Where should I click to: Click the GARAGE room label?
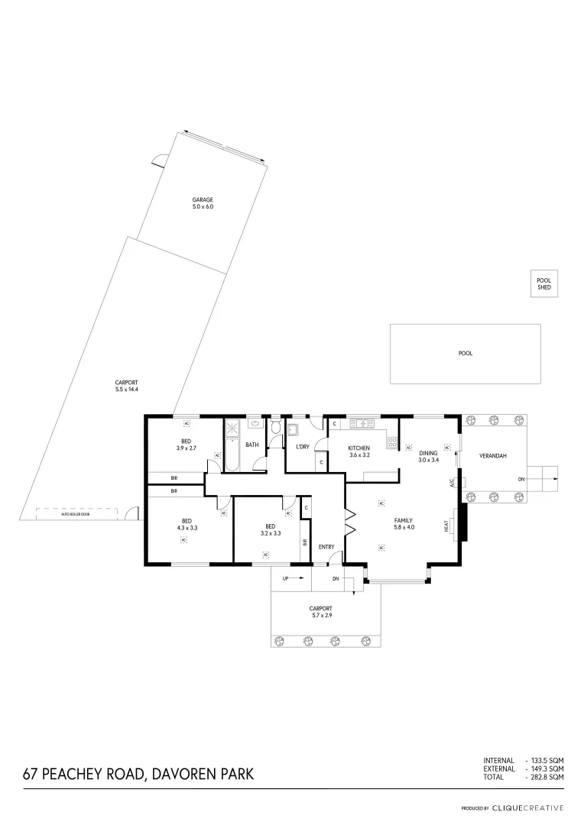point(203,199)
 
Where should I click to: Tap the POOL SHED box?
point(543,283)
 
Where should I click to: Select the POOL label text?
point(465,354)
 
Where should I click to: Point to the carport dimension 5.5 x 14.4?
point(126,390)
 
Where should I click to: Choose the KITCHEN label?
point(359,448)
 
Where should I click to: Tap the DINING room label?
point(428,453)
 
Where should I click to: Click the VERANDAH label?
point(493,456)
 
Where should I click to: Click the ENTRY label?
point(326,546)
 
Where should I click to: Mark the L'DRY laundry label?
point(302,446)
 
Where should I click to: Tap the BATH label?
point(252,445)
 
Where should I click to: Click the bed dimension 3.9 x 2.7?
point(187,448)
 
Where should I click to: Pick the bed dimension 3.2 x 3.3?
point(271,533)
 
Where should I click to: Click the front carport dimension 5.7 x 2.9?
point(322,614)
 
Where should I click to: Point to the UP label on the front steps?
point(286,578)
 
